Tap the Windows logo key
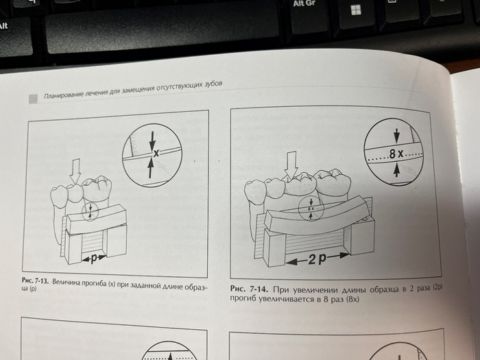point(356,10)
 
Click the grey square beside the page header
point(33,99)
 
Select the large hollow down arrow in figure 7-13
point(75,171)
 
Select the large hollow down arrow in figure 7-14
point(291,165)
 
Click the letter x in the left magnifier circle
point(156,153)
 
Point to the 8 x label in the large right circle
point(396,154)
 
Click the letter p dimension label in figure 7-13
point(94,259)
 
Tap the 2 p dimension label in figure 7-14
point(317,259)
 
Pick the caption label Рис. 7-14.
point(249,289)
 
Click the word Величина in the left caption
point(66,282)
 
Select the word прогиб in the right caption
point(243,298)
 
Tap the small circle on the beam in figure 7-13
point(90,211)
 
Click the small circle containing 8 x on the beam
point(311,208)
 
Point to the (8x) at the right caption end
point(352,299)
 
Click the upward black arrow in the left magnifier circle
point(150,168)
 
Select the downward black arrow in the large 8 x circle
point(397,136)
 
